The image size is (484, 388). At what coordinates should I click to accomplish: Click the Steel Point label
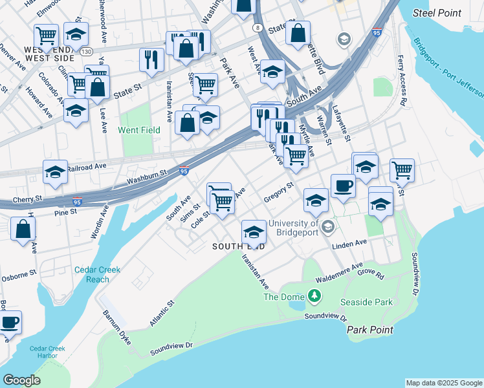(x=437, y=13)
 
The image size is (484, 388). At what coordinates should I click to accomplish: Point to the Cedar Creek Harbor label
(x=47, y=352)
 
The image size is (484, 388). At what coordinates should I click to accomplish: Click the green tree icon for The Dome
(x=314, y=296)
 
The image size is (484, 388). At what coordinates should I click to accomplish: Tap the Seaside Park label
(x=367, y=302)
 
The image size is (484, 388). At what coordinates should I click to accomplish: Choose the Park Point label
(x=369, y=330)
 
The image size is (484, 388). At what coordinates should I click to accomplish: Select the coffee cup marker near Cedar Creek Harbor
(x=9, y=321)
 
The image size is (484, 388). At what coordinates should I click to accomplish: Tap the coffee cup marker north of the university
(x=342, y=185)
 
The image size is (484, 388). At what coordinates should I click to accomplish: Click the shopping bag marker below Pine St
(x=23, y=228)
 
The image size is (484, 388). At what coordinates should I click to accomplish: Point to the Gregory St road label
(x=279, y=193)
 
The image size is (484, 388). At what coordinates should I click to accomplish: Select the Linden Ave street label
(x=349, y=244)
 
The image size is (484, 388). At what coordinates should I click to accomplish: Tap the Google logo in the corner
(x=21, y=380)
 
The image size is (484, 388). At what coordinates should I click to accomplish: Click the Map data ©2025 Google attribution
(x=444, y=383)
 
